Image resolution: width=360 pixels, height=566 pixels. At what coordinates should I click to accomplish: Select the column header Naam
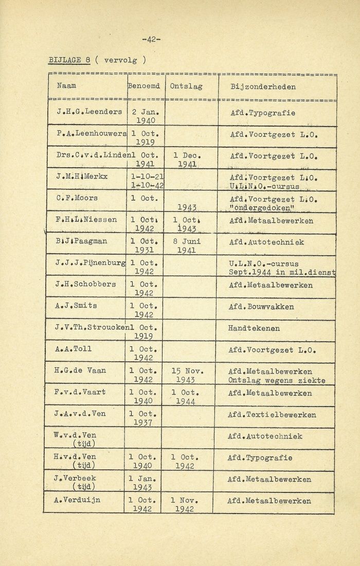[x=66, y=86]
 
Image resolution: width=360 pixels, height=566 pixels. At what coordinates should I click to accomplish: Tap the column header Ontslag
[x=186, y=86]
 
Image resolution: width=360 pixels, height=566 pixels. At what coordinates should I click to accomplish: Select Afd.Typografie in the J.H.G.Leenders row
[x=262, y=112]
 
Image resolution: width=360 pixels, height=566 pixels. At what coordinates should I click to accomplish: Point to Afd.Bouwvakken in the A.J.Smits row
[x=262, y=306]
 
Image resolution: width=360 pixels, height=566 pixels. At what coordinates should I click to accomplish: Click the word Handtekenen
[x=254, y=327]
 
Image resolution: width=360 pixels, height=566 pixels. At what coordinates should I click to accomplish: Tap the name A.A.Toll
[x=73, y=349]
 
